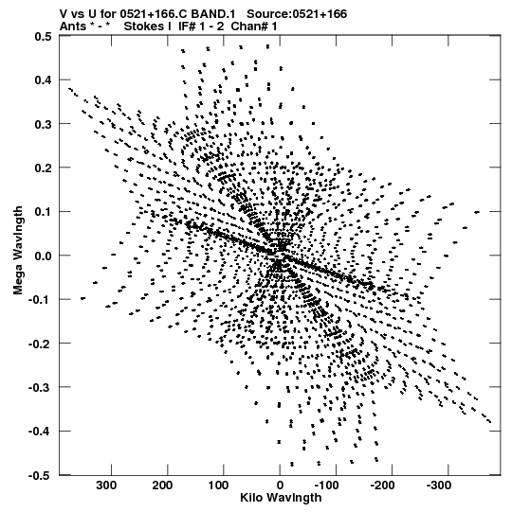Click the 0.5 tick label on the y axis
click(44, 36)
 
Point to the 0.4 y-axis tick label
click(44, 80)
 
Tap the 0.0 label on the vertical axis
click(44, 256)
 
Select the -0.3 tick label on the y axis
click(40, 388)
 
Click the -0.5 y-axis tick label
click(40, 475)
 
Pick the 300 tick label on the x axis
click(106, 486)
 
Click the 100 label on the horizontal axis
click(218, 486)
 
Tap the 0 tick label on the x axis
click(280, 486)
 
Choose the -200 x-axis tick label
click(382, 486)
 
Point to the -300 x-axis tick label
click(439, 486)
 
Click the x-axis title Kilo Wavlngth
click(281, 498)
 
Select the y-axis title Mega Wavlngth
click(18, 251)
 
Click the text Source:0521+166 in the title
click(297, 14)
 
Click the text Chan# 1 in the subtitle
click(254, 26)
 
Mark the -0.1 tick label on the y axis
click(40, 300)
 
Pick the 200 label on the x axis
click(162, 486)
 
